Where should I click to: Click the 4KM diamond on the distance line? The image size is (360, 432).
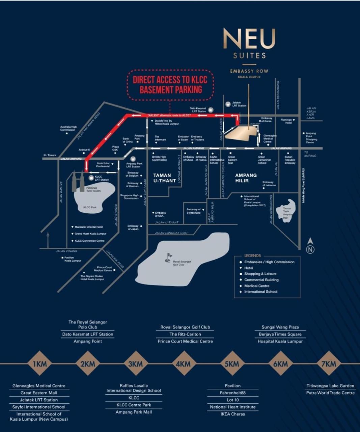[x=184, y=363]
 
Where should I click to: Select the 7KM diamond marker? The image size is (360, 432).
[x=329, y=363]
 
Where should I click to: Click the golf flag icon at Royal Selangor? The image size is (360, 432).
[x=168, y=258]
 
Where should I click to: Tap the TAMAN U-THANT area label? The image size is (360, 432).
[x=164, y=178]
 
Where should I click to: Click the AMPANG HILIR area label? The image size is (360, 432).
[x=246, y=178]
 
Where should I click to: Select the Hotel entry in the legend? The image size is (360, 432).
[x=249, y=268]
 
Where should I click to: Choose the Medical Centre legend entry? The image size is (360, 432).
[x=257, y=286]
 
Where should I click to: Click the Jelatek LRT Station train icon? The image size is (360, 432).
[x=228, y=104]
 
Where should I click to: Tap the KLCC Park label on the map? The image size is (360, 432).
[x=90, y=207]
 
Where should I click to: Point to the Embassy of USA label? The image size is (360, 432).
[x=161, y=214]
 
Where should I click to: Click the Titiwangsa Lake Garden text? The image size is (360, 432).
[x=330, y=386]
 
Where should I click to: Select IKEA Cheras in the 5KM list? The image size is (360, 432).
[x=233, y=414]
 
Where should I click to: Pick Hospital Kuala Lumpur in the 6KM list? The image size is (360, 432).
[x=280, y=341]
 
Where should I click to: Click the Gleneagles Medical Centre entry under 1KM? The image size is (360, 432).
[x=39, y=386]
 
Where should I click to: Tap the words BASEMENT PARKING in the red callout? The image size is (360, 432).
[x=171, y=90]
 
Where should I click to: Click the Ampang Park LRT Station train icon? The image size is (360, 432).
[x=133, y=158]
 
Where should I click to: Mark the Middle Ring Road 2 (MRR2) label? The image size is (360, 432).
[x=304, y=186]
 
